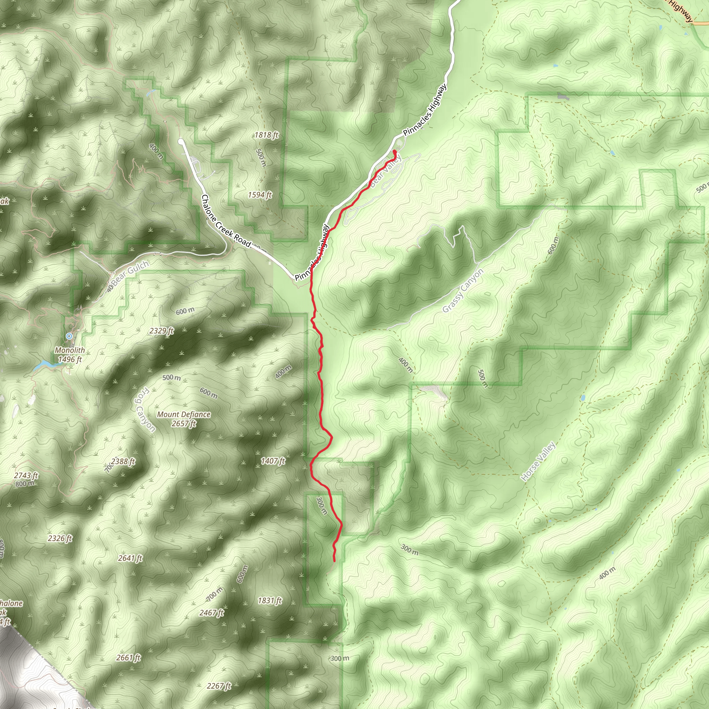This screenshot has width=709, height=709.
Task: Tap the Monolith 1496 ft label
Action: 70,354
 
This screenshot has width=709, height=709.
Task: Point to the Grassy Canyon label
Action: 463,291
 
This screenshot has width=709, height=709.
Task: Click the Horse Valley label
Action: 538,461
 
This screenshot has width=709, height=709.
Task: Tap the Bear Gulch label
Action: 130,272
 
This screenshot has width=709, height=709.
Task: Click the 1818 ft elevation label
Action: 267,135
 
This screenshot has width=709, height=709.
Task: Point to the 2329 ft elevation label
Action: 161,331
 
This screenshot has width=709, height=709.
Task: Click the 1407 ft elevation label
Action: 273,461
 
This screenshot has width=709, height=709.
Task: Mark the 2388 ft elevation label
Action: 123,461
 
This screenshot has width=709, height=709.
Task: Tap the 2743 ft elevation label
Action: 26,476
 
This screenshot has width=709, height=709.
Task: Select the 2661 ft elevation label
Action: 128,658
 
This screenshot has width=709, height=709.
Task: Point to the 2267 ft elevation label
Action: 219,686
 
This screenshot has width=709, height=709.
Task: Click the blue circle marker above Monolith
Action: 69,336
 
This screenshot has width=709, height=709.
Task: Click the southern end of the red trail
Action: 334,561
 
